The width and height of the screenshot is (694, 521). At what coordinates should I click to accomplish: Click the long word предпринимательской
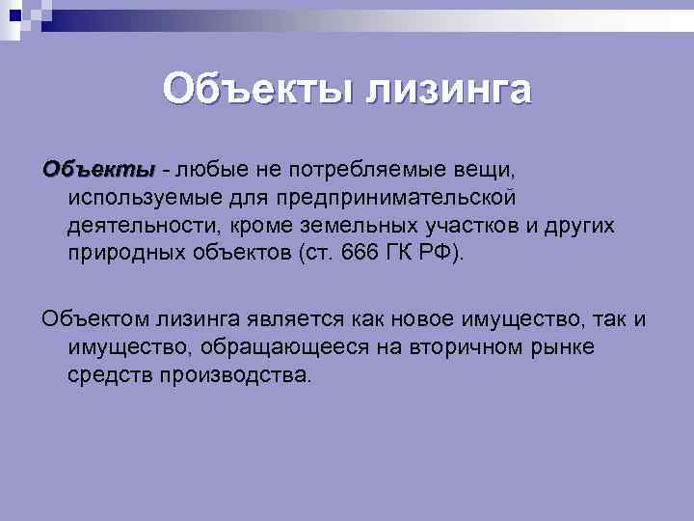380,198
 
